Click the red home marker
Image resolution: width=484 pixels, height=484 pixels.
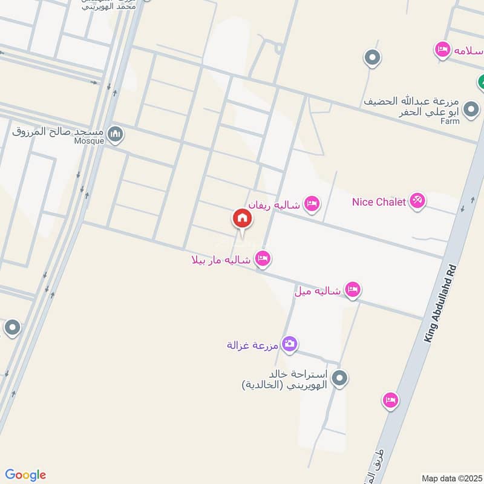241,218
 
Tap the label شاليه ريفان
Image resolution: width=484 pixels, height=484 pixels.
273,204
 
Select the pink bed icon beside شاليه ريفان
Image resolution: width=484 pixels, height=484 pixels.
312,204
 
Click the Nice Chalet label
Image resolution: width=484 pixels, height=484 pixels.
379,202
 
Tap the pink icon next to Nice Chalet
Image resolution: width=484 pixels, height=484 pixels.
417,201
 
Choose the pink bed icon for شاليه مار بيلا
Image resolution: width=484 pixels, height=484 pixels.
263,260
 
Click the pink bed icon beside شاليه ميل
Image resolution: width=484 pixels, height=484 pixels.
353,290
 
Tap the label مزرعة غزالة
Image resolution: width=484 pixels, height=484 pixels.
252,345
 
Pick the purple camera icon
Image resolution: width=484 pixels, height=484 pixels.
290,344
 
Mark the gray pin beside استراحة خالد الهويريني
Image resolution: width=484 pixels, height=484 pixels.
340,379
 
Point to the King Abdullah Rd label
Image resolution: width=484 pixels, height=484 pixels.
439,303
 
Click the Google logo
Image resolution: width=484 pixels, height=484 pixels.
25,475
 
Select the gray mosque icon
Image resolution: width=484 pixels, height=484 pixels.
115,134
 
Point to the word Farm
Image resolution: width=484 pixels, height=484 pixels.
450,121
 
